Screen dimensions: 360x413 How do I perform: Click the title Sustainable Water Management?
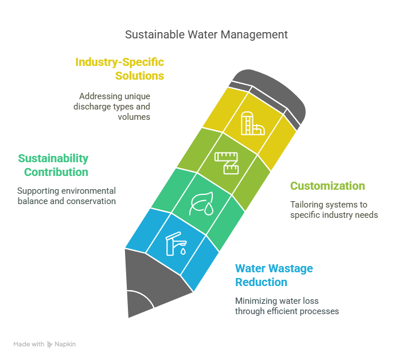[x=206, y=34]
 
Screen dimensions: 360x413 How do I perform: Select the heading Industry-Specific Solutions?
[x=120, y=69]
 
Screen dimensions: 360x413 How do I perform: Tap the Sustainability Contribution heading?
[x=53, y=165]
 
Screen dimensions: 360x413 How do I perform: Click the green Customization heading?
[x=327, y=186]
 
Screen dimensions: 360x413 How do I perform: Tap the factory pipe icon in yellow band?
[x=251, y=123]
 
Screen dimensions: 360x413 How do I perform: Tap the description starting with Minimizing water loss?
[x=287, y=306]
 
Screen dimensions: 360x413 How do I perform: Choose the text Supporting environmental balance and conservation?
[x=67, y=196]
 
